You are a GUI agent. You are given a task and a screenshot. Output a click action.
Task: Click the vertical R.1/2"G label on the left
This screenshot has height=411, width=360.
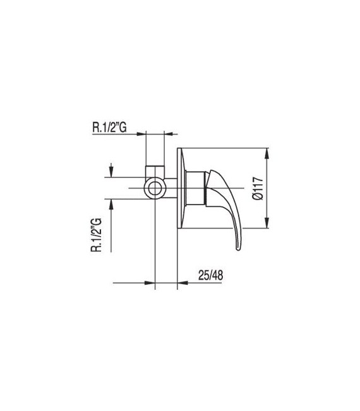[97, 232]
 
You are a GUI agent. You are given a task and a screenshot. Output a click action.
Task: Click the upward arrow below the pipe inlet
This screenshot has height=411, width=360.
[112, 203]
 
